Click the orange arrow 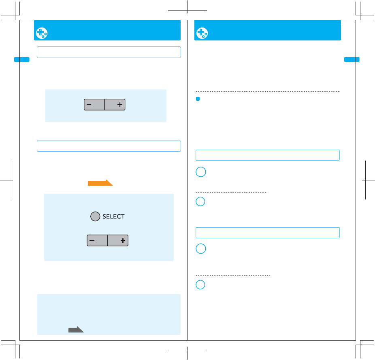[100, 183]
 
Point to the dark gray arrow [76, 330]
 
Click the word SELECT [114, 217]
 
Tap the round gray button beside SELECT [95, 217]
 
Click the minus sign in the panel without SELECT [89, 105]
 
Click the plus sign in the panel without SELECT [120, 105]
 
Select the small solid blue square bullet [198, 99]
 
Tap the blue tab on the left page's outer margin [22, 59]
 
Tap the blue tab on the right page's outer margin [352, 59]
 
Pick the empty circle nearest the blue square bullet [201, 172]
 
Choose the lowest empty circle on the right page [201, 285]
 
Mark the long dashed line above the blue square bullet [267, 92]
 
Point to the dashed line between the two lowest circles [233, 275]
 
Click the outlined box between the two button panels [109, 146]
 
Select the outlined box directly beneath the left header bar [109, 52]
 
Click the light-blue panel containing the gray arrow [109, 314]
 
